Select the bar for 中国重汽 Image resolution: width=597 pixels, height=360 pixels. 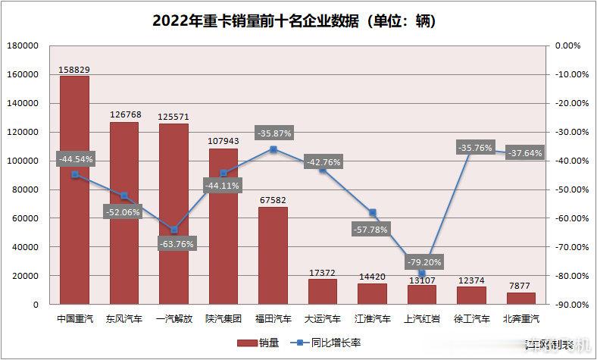tap(74, 189)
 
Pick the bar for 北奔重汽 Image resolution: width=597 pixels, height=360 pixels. tap(521, 299)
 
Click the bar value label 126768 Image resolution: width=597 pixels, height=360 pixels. tap(124, 115)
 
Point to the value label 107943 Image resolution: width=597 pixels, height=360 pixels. tap(223, 141)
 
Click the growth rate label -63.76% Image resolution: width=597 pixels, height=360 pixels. tap(174, 243)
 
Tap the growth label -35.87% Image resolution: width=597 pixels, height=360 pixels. tap(273, 133)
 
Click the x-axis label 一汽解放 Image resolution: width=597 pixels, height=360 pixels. tap(173, 319)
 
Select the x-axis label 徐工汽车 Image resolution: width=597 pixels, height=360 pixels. tap(472, 319)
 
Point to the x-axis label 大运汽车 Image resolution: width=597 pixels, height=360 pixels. tap(323, 319)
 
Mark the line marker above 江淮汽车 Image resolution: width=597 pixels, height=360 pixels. tap(373, 213)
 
